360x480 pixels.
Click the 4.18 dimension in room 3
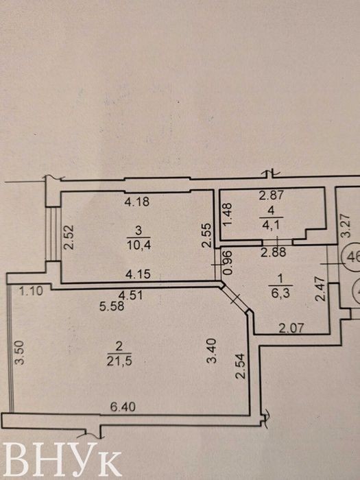coord(137,202)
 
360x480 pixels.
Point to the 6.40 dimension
coord(123,407)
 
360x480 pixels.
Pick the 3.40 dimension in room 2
coord(212,350)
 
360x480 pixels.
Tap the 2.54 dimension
coord(241,366)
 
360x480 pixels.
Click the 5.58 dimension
coord(112,306)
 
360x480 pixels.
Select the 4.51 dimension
coord(131,296)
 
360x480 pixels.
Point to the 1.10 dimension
coord(31,291)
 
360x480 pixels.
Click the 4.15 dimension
coord(139,274)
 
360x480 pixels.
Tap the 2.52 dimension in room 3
coord(69,237)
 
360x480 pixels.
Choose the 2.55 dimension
coord(207,235)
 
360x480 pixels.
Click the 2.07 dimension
coord(291,328)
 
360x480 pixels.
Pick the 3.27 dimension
coord(346,226)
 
